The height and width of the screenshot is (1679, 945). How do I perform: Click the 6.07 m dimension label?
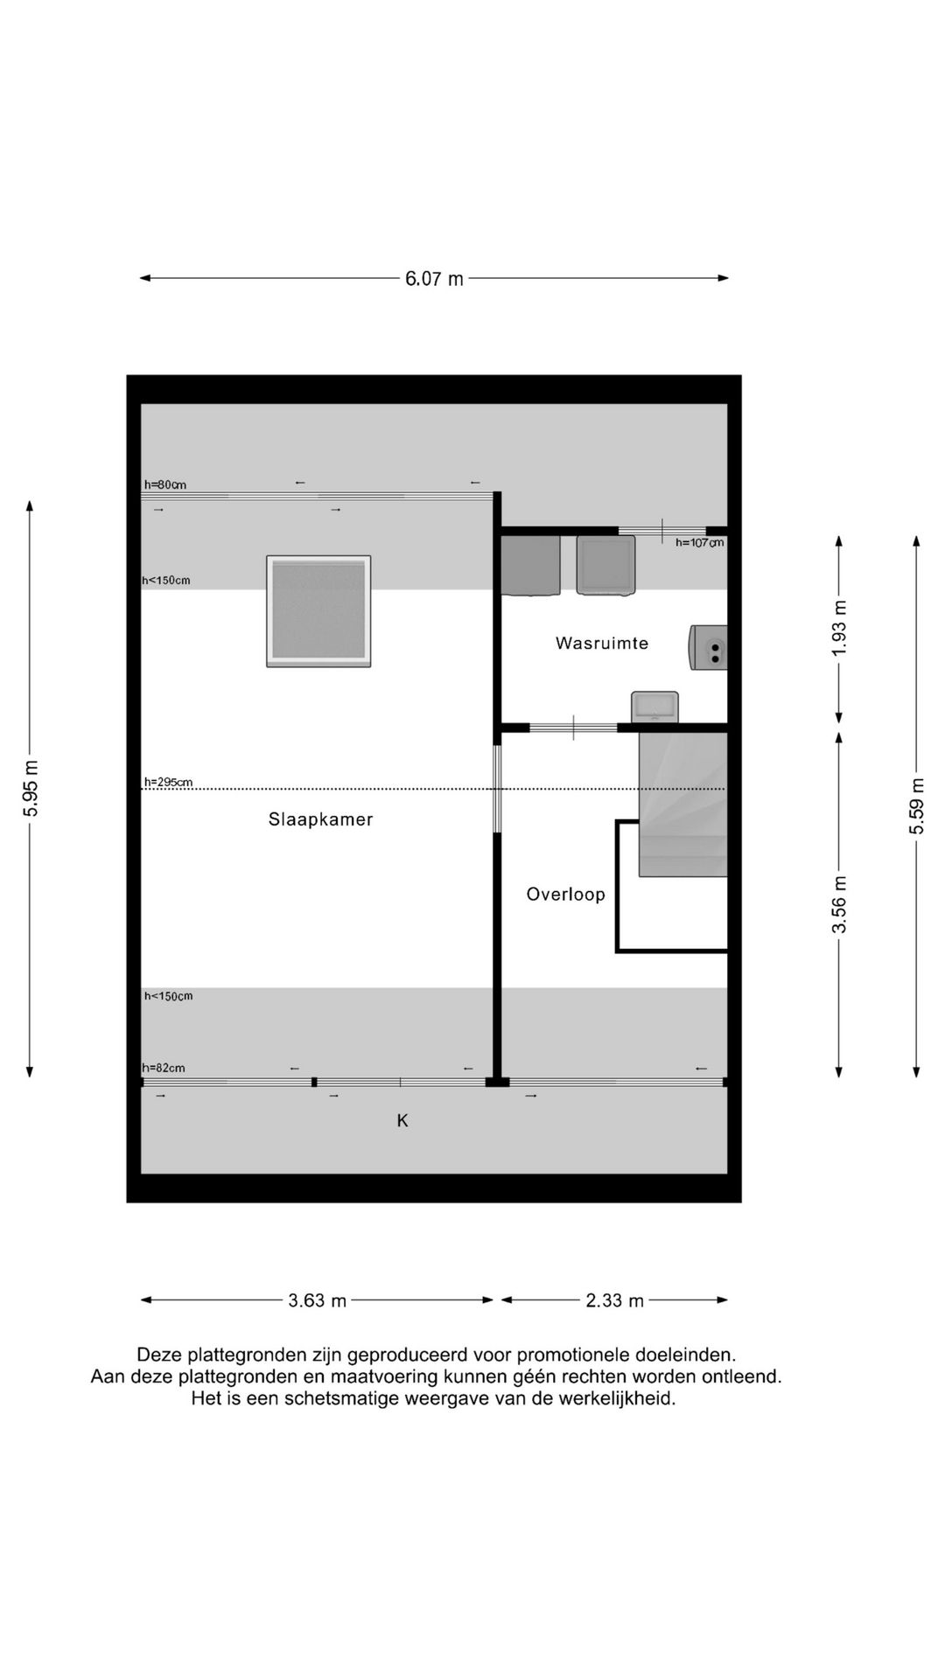click(x=434, y=279)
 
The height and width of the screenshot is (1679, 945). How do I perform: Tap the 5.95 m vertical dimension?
click(x=31, y=788)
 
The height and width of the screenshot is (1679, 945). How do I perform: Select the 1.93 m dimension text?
click(x=839, y=628)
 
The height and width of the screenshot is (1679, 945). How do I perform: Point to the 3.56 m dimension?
click(x=839, y=903)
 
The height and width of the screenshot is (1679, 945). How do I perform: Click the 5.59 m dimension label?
click(x=916, y=805)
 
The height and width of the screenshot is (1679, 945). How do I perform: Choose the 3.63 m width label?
click(x=318, y=1300)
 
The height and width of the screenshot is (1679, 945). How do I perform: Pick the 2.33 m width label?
click(x=614, y=1300)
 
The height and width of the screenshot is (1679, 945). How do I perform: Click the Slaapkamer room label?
click(x=320, y=819)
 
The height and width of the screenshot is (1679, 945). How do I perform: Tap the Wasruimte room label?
click(x=602, y=643)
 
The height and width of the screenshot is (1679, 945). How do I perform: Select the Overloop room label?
click(x=565, y=894)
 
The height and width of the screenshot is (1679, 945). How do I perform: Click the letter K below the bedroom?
click(x=402, y=1120)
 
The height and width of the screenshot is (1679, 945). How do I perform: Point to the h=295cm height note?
click(x=168, y=782)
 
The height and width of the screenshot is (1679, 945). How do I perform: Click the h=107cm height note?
click(x=699, y=542)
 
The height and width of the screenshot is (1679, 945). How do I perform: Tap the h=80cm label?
click(x=165, y=484)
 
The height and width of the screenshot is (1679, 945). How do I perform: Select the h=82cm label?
click(x=164, y=1068)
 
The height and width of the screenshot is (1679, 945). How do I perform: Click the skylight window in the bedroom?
click(x=318, y=611)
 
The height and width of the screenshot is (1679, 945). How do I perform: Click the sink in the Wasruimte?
click(x=655, y=706)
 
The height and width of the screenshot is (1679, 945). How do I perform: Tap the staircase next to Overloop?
click(x=682, y=805)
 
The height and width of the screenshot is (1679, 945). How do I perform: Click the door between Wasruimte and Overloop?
click(x=573, y=728)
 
